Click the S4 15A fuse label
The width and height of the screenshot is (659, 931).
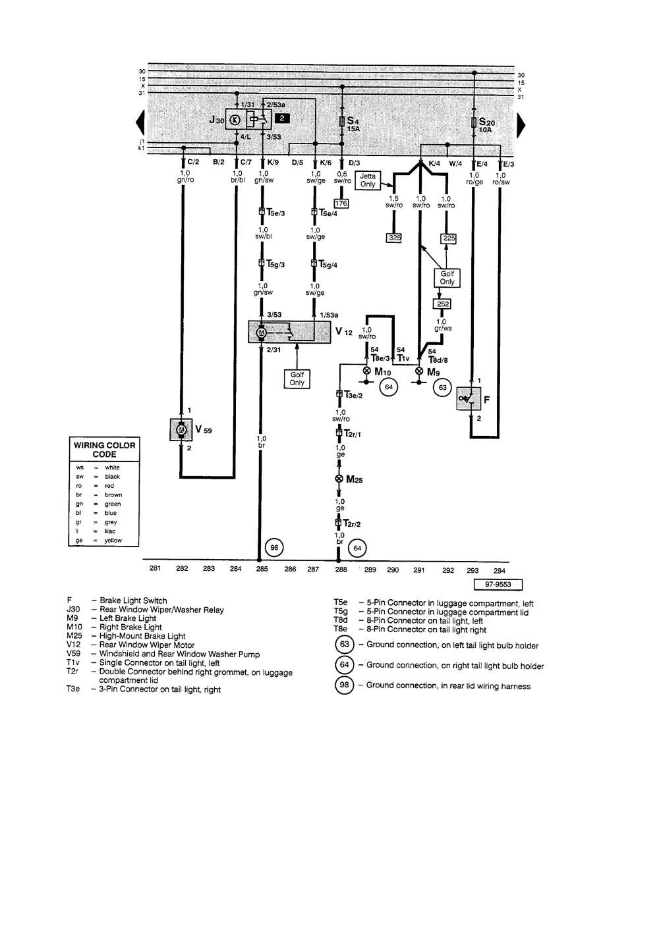[x=353, y=124]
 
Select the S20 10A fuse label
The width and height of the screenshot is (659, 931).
[x=487, y=125]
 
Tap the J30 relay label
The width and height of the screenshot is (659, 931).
[x=217, y=120]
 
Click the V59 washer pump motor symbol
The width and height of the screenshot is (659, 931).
[x=180, y=430]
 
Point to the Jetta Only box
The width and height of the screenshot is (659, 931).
[x=368, y=180]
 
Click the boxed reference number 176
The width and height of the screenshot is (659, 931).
[x=341, y=203]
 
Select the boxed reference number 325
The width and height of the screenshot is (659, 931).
[x=394, y=238]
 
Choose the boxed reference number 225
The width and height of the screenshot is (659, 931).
[x=449, y=238]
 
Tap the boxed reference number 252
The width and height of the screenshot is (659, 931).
[x=442, y=304]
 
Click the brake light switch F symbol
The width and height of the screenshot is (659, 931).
[x=469, y=398]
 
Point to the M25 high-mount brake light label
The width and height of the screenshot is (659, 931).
[x=354, y=480]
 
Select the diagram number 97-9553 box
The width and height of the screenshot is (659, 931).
[x=498, y=584]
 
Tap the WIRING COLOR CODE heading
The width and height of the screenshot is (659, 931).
[x=104, y=450]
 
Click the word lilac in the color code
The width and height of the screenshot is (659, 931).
[x=109, y=531]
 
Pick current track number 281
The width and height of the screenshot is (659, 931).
[x=155, y=569]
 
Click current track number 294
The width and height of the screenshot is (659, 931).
[x=499, y=571]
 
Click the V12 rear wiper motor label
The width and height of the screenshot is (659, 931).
[x=343, y=331]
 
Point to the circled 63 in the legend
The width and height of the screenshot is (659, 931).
[x=344, y=645]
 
